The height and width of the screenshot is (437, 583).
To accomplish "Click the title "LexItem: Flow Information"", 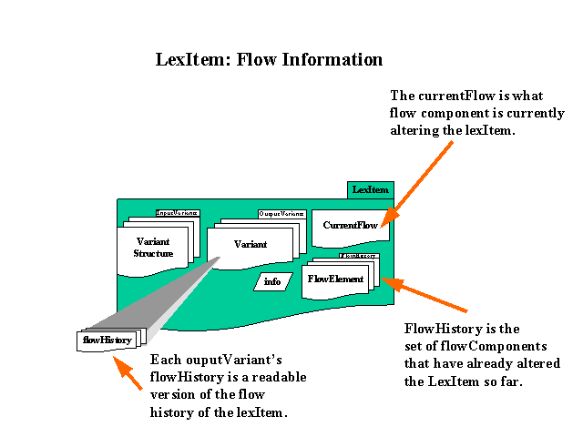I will pyautogui.click(x=269, y=60).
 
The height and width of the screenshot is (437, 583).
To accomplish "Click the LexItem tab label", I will pyautogui.click(x=371, y=189).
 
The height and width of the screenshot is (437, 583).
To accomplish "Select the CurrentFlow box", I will pyautogui.click(x=350, y=226).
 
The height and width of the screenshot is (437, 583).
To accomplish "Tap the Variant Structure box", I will pyautogui.click(x=154, y=248).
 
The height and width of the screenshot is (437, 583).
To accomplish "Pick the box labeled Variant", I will pyautogui.click(x=250, y=244).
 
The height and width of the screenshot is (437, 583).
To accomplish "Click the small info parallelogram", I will pyautogui.click(x=272, y=281).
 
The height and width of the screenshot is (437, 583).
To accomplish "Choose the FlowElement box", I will pyautogui.click(x=335, y=279).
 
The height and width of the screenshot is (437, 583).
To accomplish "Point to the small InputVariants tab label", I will pyautogui.click(x=177, y=212).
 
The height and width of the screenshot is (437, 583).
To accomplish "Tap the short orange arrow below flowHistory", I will pyautogui.click(x=128, y=374).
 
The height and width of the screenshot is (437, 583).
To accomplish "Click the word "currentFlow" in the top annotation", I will pyautogui.click(x=453, y=95).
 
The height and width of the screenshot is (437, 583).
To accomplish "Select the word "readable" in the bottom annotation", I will pyautogui.click(x=278, y=377).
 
